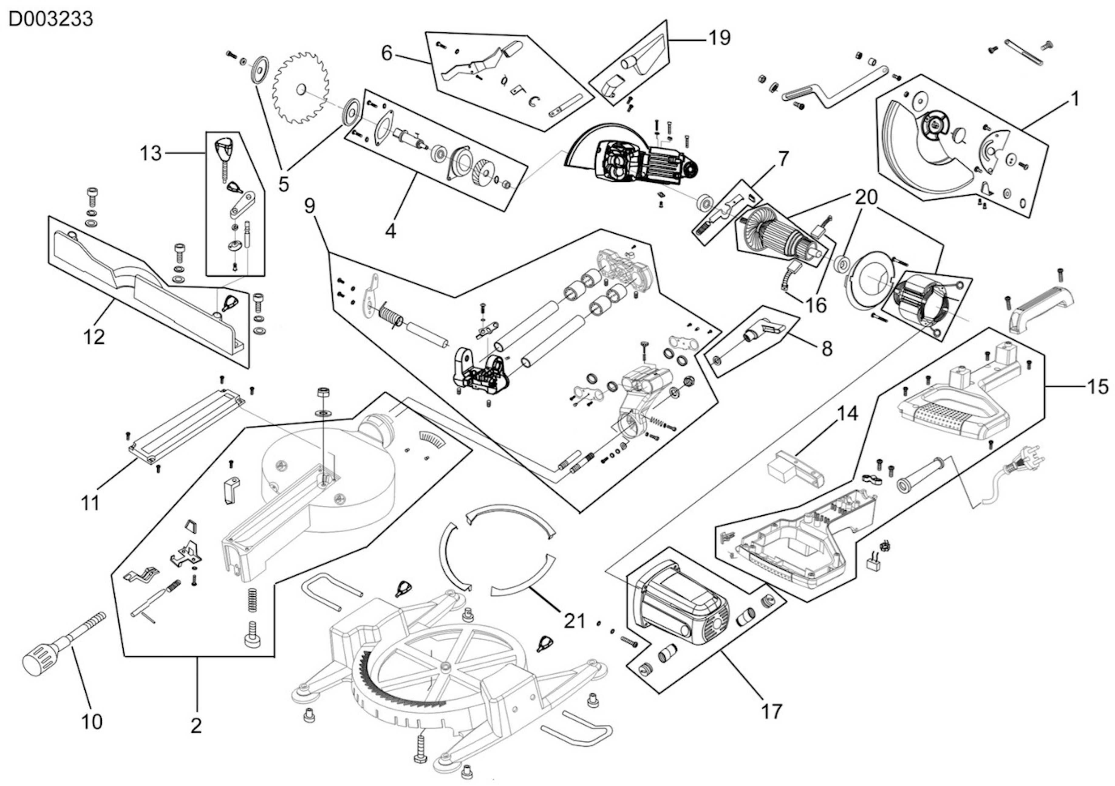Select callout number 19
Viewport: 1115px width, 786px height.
[x=719, y=38]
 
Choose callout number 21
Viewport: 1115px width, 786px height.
[x=575, y=620]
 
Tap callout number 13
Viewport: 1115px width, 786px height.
[x=151, y=153]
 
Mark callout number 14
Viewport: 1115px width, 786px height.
[x=847, y=414]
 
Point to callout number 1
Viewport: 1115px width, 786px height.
[x=1075, y=99]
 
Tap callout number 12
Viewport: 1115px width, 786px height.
[x=94, y=337]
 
